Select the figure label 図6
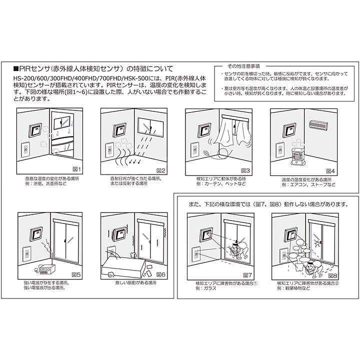(161, 274)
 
